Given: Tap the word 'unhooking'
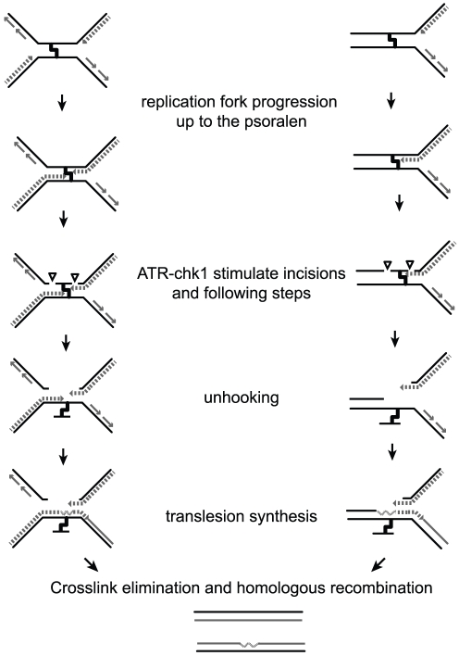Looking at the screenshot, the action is coord(242,397).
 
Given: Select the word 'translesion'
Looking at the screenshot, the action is coord(205,516).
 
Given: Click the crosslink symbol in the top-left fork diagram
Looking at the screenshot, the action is coord(55,50).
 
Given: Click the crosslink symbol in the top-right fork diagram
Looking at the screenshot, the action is coord(392,41).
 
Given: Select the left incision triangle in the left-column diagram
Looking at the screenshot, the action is coord(52,276).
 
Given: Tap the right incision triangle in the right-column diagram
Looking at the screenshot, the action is coord(410,265).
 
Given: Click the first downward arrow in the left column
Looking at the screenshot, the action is coord(62,102).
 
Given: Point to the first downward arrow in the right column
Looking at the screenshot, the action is coord(391,101).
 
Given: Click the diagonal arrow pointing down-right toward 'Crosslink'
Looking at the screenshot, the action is coord(91,564).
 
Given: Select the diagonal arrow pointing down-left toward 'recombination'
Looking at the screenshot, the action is coord(378,564).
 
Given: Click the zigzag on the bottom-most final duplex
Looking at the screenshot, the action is coord(249,645).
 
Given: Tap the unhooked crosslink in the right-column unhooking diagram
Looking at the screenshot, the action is coord(390,417).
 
